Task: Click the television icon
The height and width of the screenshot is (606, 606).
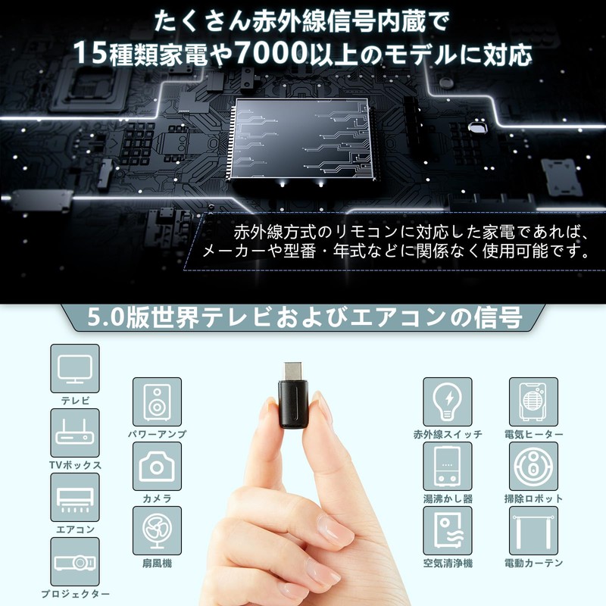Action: point(75,368)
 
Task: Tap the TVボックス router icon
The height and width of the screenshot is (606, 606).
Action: point(75,433)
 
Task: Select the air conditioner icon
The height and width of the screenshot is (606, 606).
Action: point(75,497)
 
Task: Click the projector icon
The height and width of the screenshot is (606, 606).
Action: point(75,561)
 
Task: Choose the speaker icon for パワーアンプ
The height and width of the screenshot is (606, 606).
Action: point(157,401)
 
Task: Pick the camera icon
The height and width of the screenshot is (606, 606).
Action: point(157,466)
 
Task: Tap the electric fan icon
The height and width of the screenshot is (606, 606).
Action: point(157,530)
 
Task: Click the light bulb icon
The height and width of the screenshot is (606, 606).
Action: point(448,401)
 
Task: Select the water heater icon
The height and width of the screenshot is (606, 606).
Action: point(448,466)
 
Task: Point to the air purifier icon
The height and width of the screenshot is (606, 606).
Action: point(448,530)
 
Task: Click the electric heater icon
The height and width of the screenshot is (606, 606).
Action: point(533,401)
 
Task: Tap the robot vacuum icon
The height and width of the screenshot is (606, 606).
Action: point(533,466)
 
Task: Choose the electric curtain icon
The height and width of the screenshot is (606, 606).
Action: point(533,530)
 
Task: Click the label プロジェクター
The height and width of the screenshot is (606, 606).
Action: point(75,595)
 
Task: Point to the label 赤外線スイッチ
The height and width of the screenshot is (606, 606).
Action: point(448,434)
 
